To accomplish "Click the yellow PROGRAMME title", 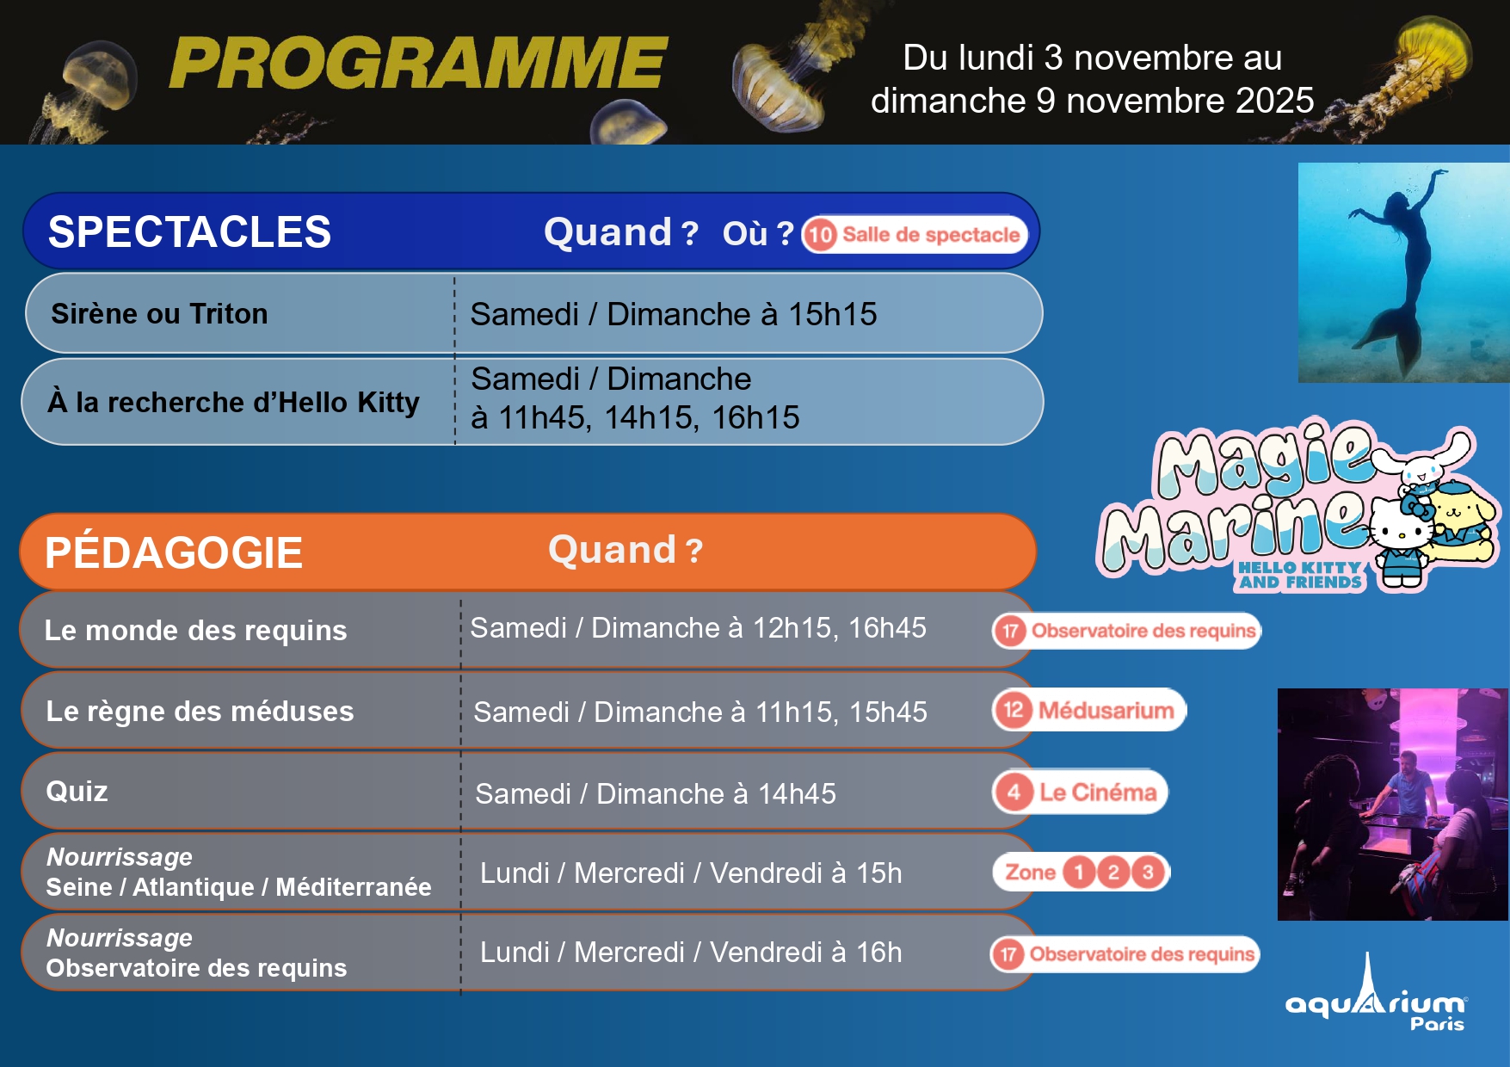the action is (418, 63).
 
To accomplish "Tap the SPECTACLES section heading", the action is (189, 232).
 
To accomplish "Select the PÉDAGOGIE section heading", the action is (173, 552).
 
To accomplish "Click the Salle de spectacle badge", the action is (915, 234).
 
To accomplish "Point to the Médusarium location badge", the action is (1089, 710).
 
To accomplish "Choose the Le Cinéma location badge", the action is (1081, 792).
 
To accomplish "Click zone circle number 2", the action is (1113, 873).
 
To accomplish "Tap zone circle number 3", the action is (1148, 873).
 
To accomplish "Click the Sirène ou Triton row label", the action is (159, 314).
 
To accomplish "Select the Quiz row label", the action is (77, 792).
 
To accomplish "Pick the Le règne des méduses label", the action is (200, 712).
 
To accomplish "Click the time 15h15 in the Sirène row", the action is (832, 314).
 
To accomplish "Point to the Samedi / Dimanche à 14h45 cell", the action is (656, 793).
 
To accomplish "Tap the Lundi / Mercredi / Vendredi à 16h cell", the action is (691, 953).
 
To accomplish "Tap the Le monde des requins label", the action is (195, 631).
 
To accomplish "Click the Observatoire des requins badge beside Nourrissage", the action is (1125, 953).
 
